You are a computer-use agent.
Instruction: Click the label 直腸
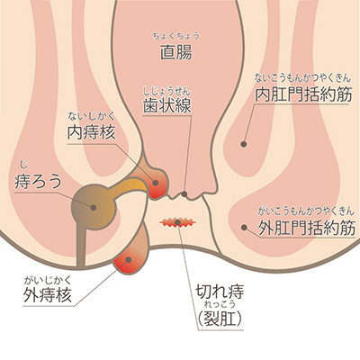175,52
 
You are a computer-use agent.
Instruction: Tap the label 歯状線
166,105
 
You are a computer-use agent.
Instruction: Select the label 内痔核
91,131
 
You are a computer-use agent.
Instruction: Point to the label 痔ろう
38,182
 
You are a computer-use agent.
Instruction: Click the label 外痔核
48,294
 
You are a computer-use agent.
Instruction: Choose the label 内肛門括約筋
303,94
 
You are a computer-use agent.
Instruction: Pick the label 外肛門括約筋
307,229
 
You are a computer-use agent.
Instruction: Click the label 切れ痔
220,292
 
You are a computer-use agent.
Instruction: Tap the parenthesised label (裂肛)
220,319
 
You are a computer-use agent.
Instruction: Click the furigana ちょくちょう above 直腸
175,36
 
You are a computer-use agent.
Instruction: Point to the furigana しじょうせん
166,90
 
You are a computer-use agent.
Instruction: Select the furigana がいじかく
48,280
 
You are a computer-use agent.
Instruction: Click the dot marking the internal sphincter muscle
244,144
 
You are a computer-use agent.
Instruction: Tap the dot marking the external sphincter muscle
244,228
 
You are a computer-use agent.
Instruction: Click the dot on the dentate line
184,194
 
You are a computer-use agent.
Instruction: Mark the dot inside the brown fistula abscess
94,207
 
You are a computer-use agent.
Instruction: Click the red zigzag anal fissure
177,222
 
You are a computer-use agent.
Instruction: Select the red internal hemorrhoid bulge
157,184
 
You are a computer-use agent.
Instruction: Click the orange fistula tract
129,186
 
